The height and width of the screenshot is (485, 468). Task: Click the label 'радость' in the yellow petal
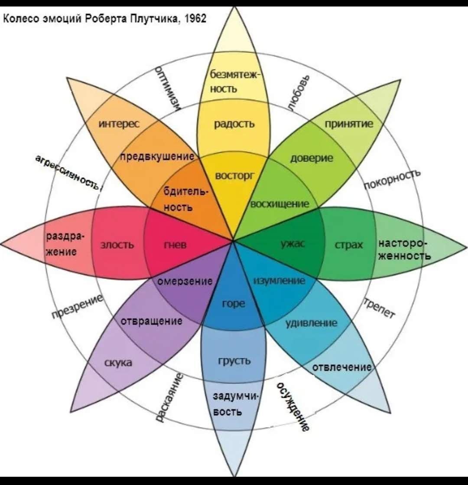(234, 124)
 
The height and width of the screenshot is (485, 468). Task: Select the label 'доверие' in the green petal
(312, 158)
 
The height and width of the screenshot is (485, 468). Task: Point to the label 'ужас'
(293, 244)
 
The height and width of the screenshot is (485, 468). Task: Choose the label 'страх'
(348, 245)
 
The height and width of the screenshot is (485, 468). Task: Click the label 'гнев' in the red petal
(175, 245)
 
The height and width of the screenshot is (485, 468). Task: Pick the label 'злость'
(117, 245)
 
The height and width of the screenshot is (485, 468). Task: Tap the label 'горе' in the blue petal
(233, 304)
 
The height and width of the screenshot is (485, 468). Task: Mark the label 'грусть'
(234, 360)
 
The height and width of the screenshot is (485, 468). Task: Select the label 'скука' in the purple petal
(118, 363)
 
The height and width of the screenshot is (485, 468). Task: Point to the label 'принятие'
(349, 124)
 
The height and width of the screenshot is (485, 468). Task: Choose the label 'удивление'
(311, 323)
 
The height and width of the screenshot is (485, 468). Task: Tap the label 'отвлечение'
(342, 367)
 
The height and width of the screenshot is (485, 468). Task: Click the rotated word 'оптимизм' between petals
(169, 88)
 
